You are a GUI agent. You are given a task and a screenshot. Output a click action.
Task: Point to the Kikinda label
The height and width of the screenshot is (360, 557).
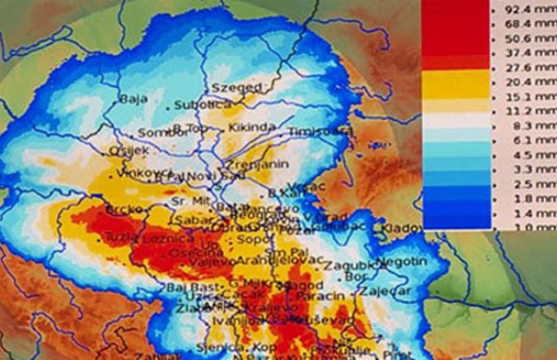pos(252,127)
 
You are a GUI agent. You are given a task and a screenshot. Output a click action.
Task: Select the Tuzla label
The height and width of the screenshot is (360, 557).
pos(117,239)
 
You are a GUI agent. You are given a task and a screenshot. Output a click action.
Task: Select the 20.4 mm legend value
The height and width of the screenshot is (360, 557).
pos(535,81)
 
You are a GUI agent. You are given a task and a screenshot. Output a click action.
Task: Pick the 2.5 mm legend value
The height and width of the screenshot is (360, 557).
pos(535,183)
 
